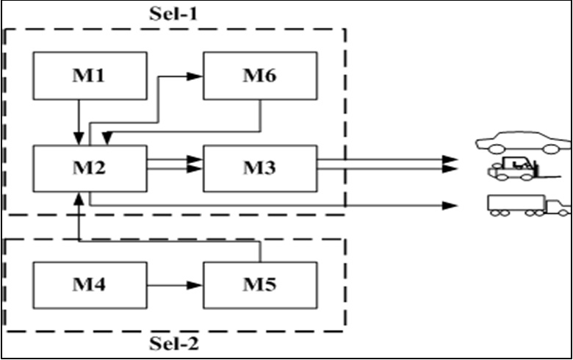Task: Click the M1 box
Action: (90, 76)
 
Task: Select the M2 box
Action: (90, 168)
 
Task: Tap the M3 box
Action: (261, 168)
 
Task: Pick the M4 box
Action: (90, 284)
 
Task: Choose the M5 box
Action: (261, 284)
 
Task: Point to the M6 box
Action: (261, 76)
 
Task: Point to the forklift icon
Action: (513, 170)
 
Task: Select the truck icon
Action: (526, 205)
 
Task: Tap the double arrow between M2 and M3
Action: (175, 164)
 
